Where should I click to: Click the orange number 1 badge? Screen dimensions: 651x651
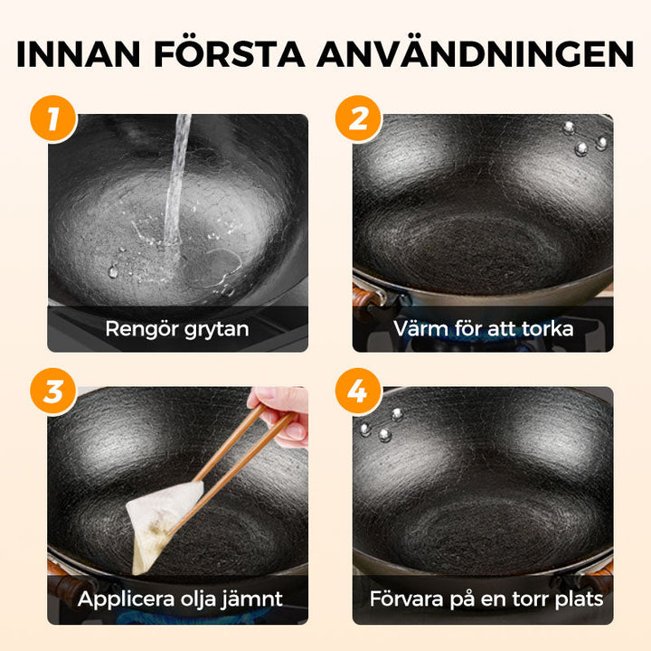(x=53, y=119)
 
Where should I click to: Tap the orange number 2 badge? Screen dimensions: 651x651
(x=358, y=119)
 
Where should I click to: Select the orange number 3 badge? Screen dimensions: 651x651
(x=53, y=392)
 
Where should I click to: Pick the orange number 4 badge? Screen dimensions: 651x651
(x=358, y=392)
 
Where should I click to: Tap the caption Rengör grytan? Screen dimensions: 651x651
(x=177, y=328)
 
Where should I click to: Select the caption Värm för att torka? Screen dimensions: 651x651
(x=483, y=328)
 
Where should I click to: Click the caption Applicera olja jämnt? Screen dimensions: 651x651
(x=179, y=599)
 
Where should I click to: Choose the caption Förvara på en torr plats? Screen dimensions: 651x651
(x=486, y=599)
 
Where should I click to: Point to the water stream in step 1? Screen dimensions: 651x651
(x=177, y=181)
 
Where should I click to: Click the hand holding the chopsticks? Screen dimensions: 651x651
(x=283, y=414)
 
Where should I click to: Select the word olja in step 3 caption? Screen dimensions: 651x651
(x=200, y=599)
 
